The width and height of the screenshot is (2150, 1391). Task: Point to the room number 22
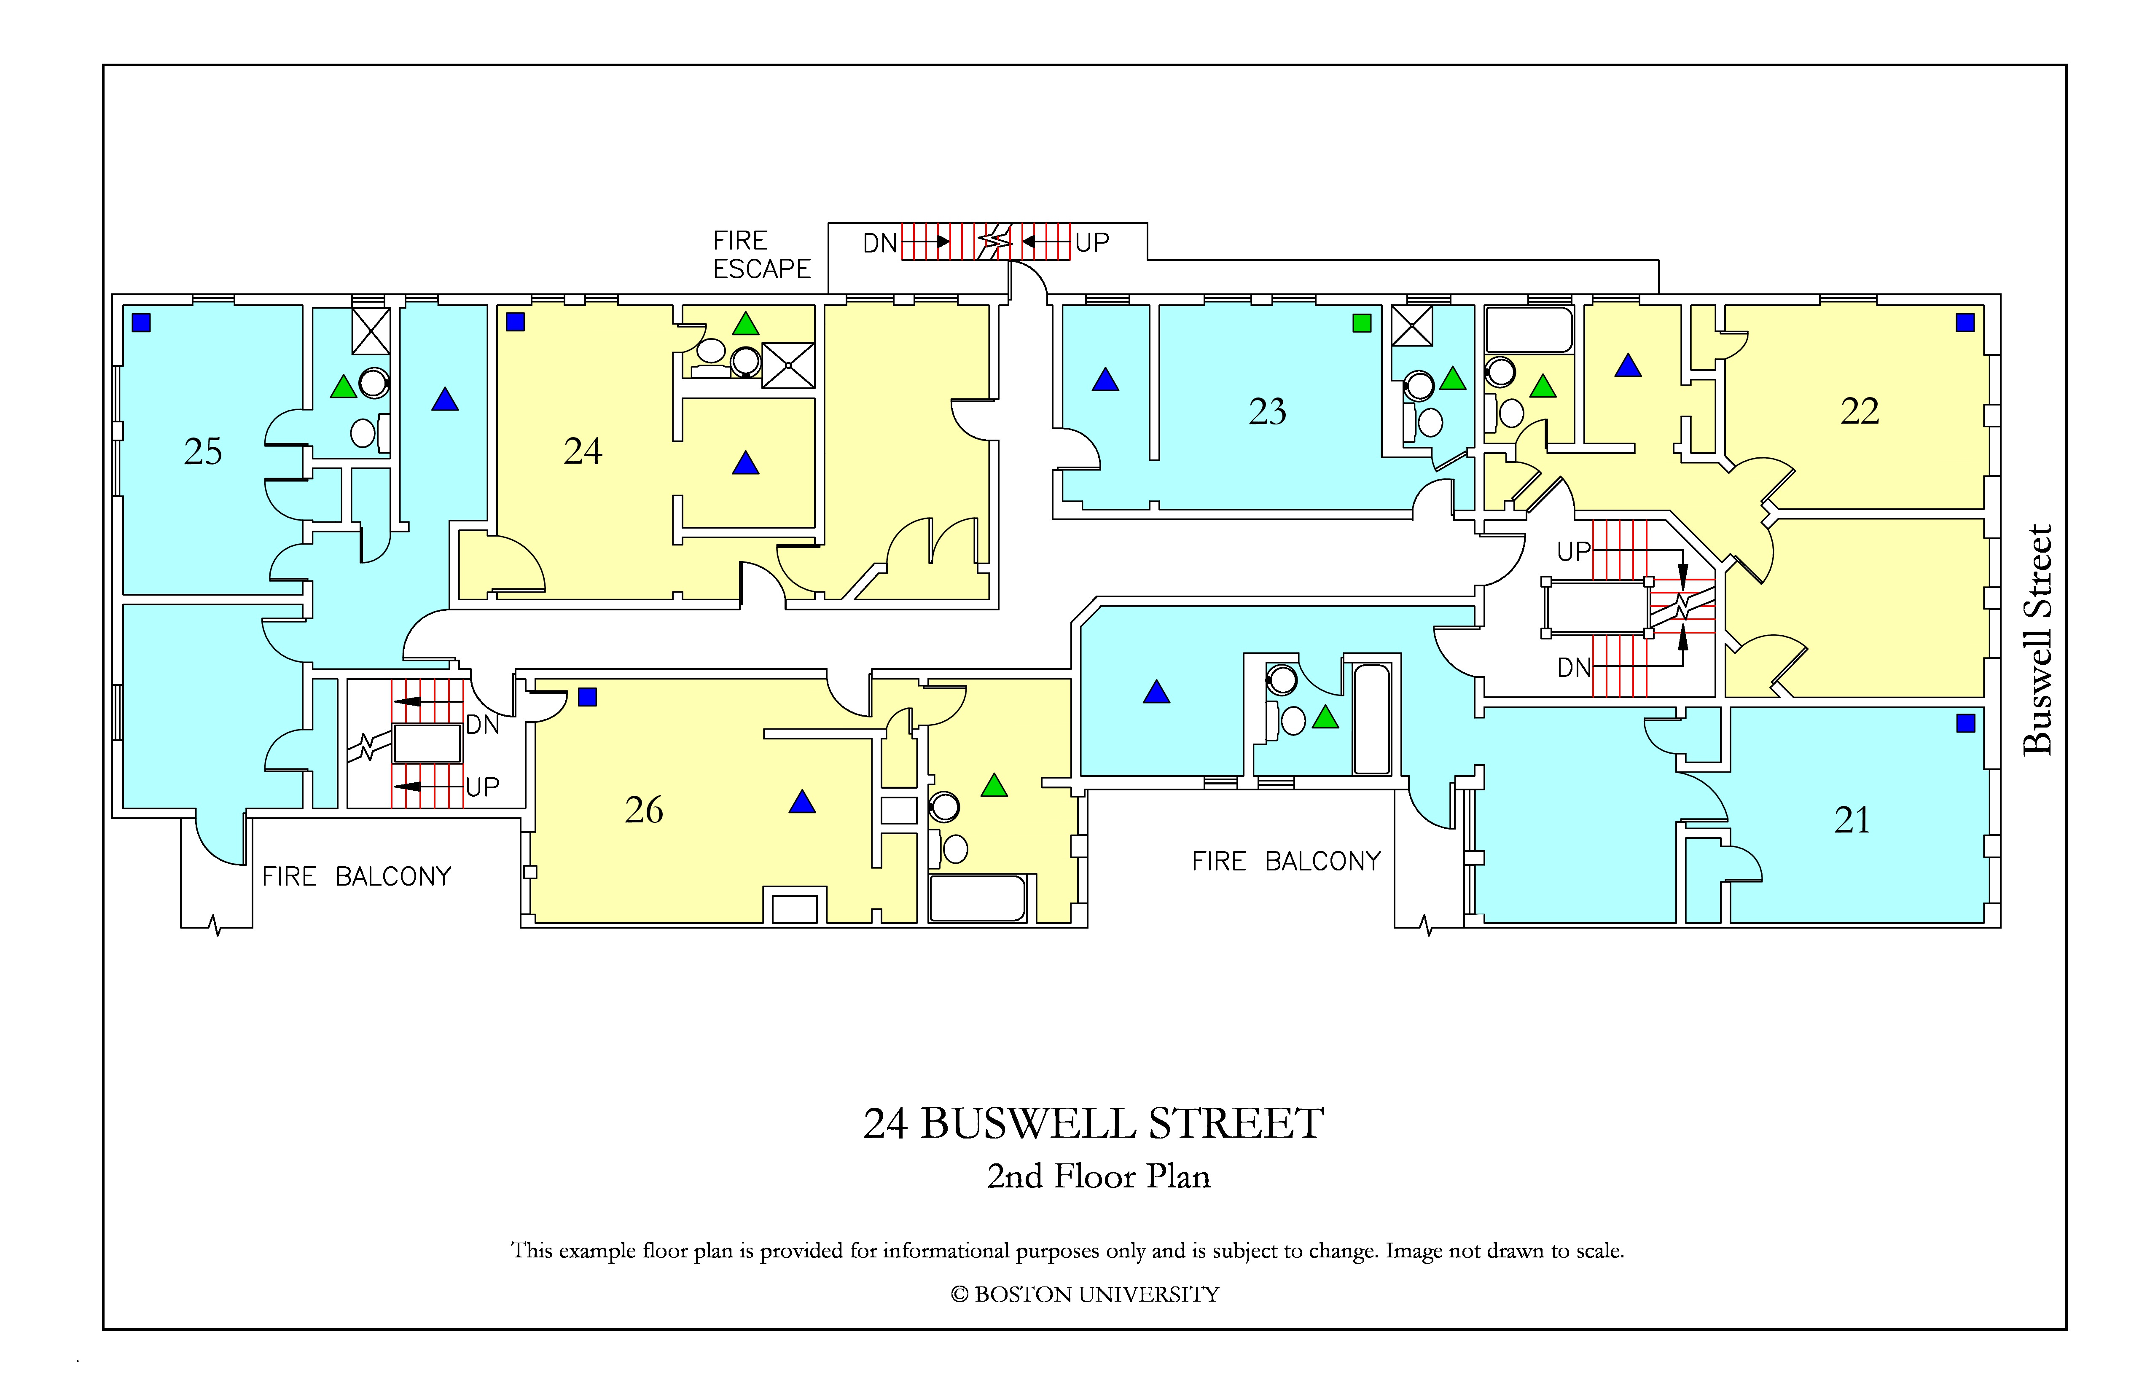1860,411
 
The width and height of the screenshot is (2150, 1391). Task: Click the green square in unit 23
1362,322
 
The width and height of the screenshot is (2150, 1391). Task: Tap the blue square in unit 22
1965,322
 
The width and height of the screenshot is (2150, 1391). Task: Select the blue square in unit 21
1966,722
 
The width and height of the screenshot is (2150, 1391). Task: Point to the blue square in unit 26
587,696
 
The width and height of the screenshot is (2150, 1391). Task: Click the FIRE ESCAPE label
761,255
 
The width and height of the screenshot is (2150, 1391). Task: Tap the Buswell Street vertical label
2038,639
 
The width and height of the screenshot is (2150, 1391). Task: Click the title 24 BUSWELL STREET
1093,1124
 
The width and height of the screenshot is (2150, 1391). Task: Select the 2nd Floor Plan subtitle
1099,1176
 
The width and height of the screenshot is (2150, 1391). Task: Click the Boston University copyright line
1085,1294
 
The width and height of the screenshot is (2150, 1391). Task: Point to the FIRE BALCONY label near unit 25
357,876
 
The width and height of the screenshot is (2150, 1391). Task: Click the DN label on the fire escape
880,243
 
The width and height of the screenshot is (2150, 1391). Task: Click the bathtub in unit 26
978,898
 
